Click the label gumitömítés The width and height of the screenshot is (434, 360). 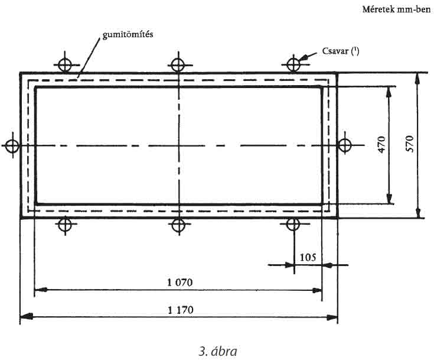(128, 35)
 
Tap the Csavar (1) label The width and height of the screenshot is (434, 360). (341, 51)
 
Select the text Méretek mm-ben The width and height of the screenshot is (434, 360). (396, 9)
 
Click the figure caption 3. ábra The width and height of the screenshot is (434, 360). (218, 351)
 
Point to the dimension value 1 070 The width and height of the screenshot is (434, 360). (180, 283)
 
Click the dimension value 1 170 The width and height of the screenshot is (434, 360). (181, 310)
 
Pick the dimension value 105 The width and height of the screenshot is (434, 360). (308, 258)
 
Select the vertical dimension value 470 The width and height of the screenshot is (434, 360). (381, 144)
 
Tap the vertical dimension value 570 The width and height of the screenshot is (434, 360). (409, 144)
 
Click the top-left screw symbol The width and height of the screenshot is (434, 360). (65, 66)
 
